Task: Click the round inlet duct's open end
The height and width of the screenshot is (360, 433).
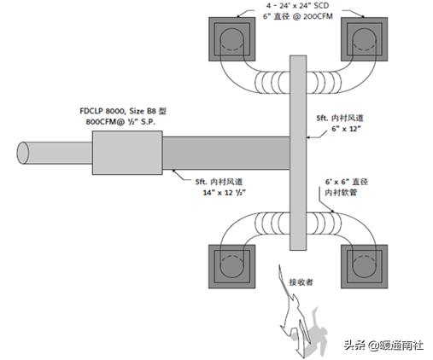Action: (23, 154)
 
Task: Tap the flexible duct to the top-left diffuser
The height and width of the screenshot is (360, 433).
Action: (248, 78)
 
